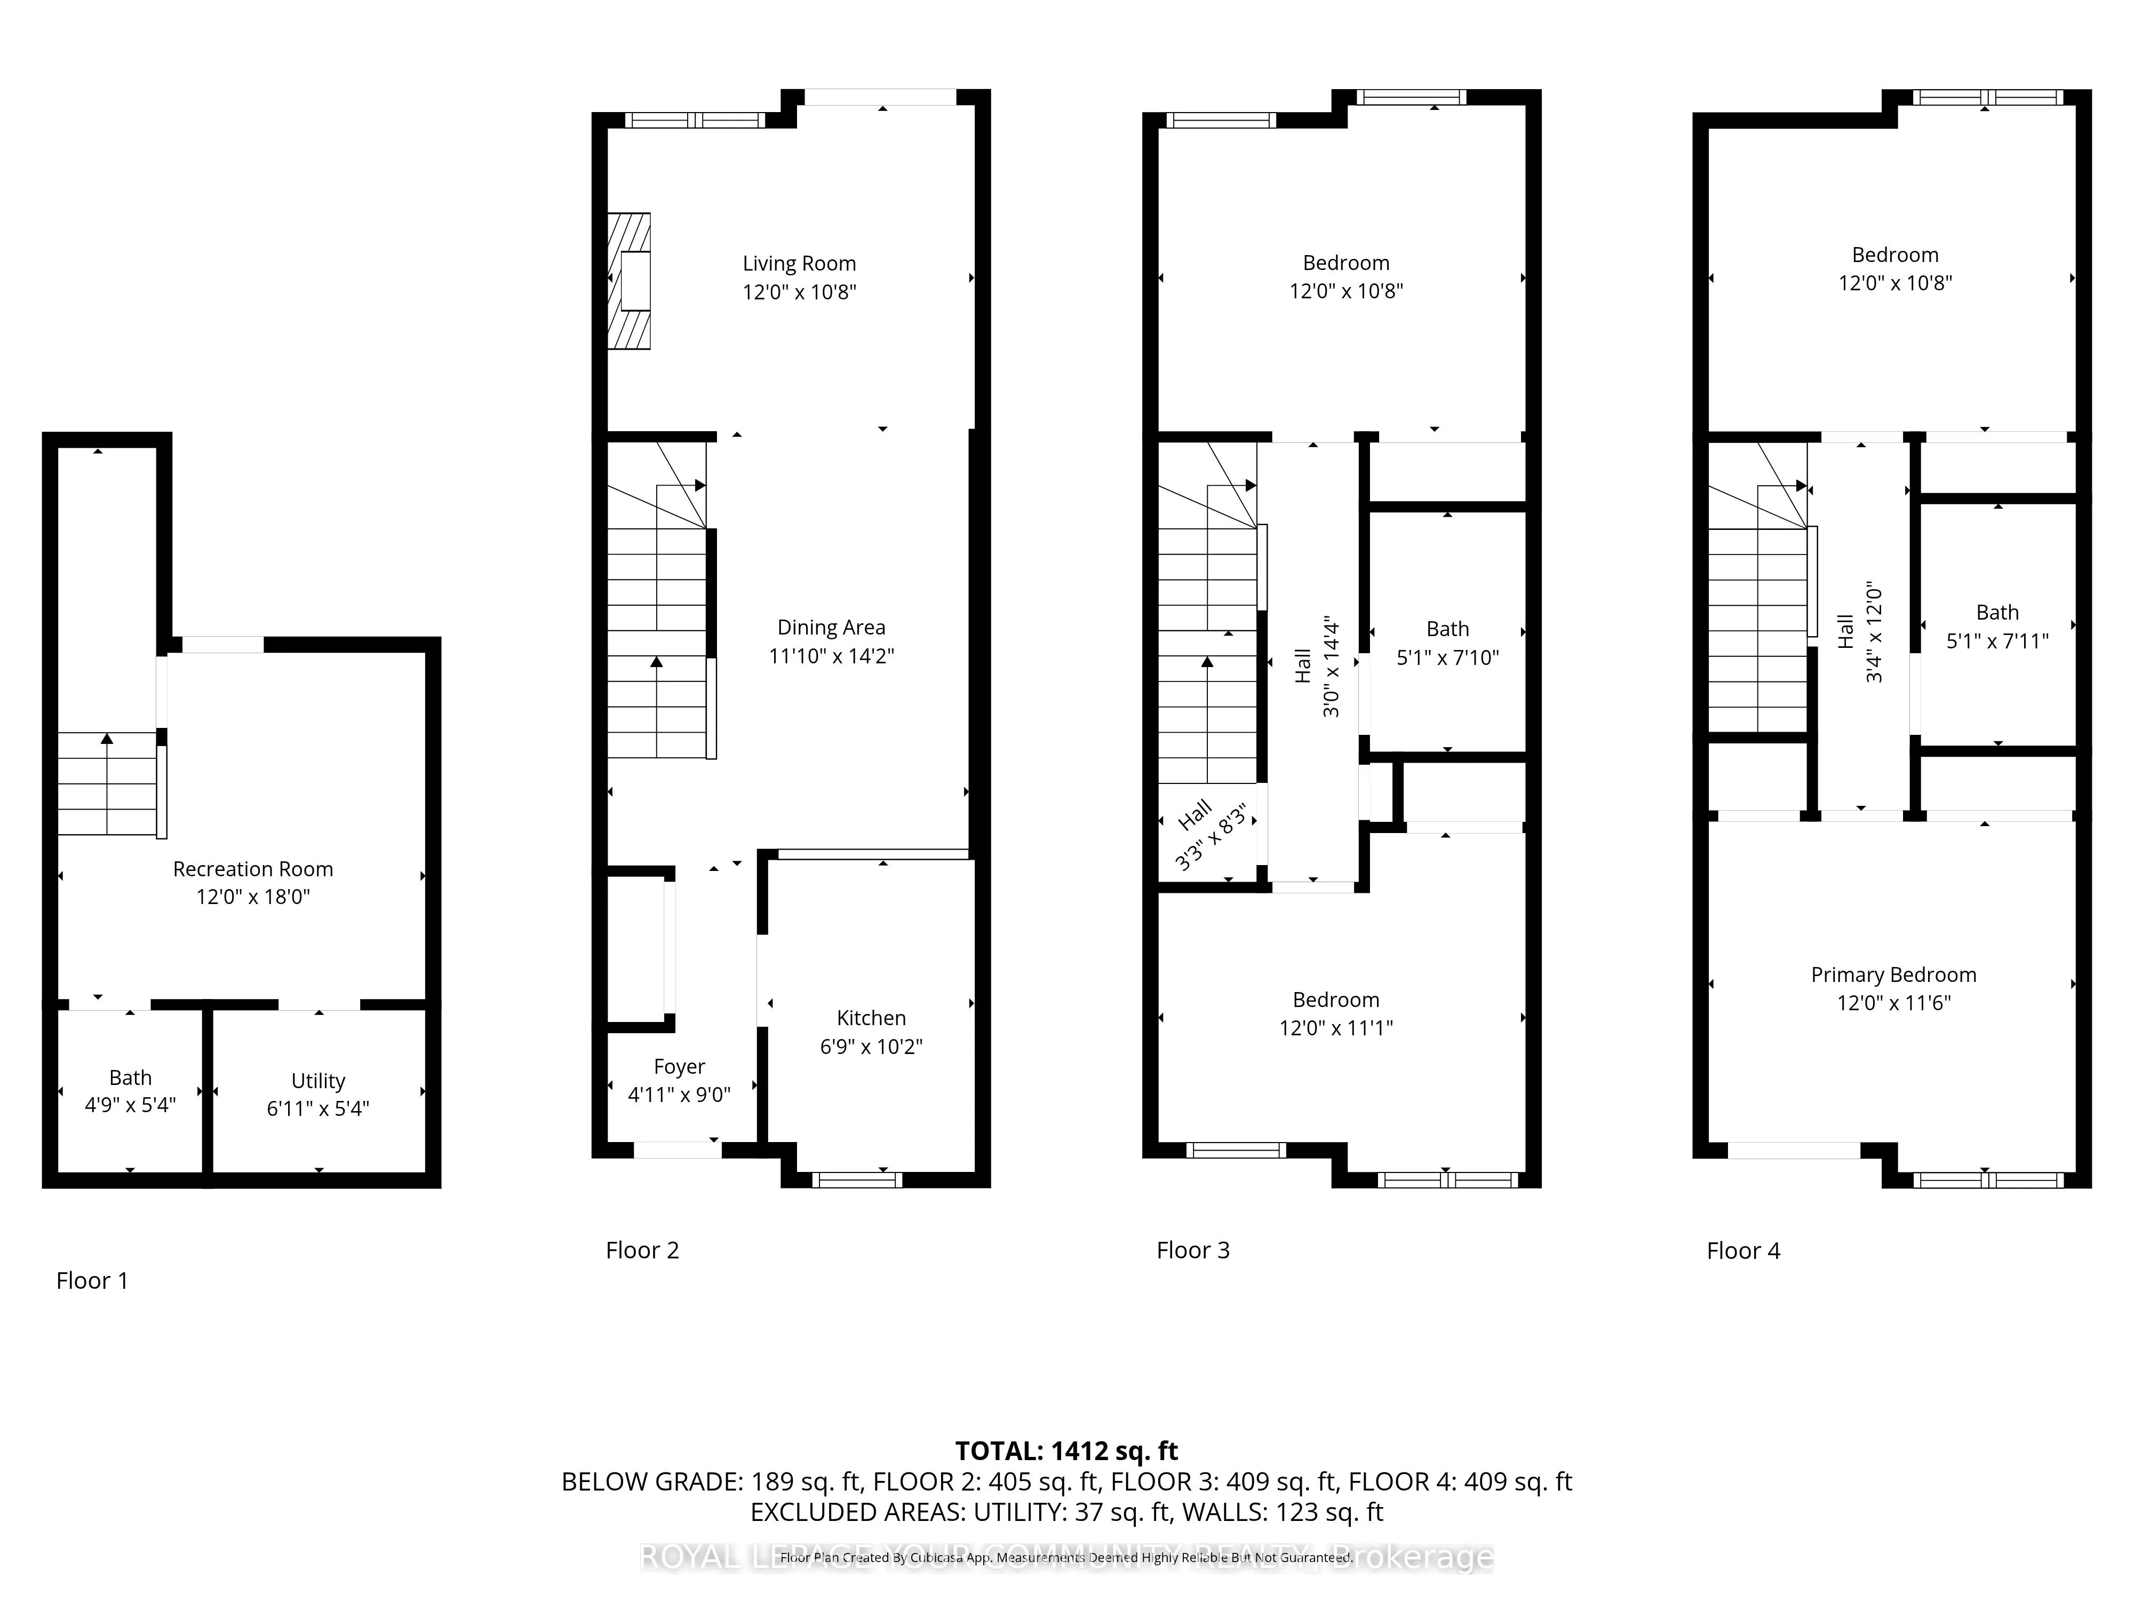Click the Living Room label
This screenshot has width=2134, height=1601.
click(x=799, y=264)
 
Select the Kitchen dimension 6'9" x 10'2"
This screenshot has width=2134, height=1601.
click(x=871, y=1046)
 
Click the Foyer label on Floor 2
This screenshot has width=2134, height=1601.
click(x=679, y=1066)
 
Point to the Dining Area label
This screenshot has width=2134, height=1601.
click(x=831, y=627)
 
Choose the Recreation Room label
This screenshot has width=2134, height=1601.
click(x=253, y=868)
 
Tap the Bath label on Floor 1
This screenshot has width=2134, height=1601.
click(x=130, y=1077)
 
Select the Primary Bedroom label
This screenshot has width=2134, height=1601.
click(x=1893, y=974)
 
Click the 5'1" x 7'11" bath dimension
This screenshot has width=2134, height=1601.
click(x=1997, y=641)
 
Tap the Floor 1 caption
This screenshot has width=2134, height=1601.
click(x=92, y=1281)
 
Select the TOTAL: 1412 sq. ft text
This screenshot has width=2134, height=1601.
click(x=1066, y=1451)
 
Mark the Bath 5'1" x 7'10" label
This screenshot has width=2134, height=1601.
click(x=1447, y=643)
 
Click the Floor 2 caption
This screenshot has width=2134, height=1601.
click(x=642, y=1251)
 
